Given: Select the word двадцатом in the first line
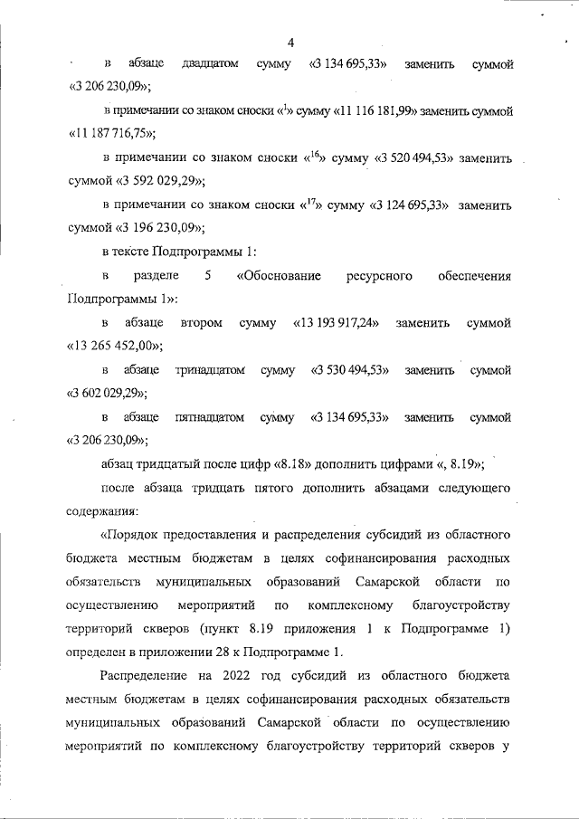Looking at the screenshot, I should pos(209,64).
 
